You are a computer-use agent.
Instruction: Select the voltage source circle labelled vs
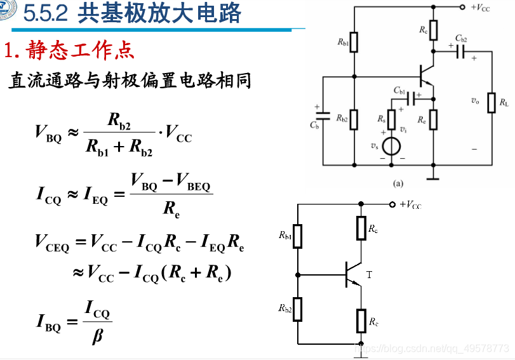[x=392, y=147]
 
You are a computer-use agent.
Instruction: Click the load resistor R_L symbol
[x=491, y=103]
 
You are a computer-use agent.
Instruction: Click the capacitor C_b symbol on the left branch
[x=323, y=116]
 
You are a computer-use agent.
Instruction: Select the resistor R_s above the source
[x=392, y=118]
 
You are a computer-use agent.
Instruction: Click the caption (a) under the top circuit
[x=398, y=182]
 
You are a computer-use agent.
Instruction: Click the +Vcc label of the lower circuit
[x=410, y=204]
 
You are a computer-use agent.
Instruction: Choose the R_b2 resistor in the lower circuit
[x=298, y=309]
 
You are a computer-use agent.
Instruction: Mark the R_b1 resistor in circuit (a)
[x=354, y=43]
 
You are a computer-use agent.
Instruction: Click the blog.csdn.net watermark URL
[x=432, y=349]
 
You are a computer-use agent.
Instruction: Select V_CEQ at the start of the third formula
[x=52, y=243]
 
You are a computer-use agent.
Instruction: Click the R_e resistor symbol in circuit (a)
[x=434, y=118]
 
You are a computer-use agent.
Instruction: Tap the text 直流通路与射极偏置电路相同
[x=130, y=81]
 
